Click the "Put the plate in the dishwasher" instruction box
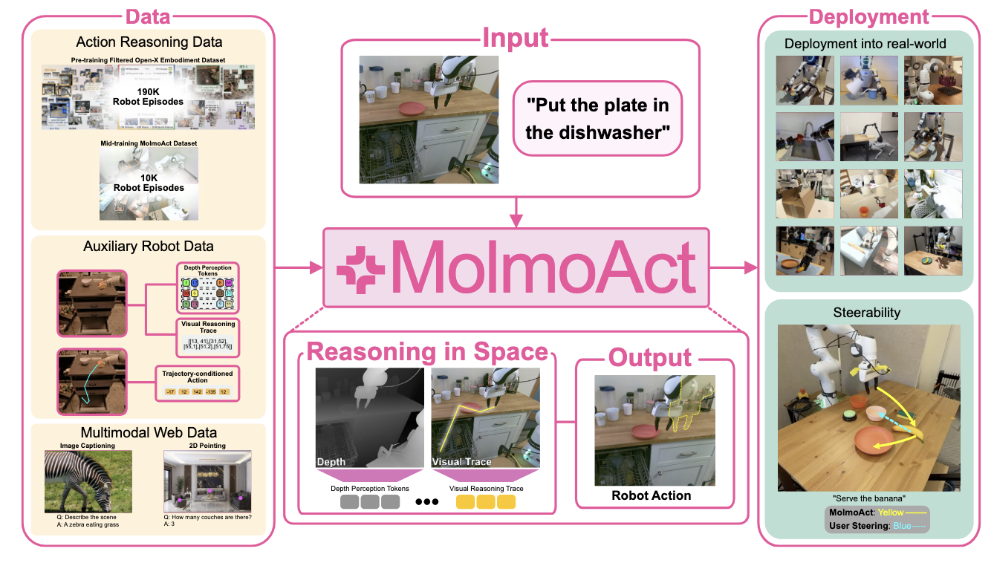click(597, 118)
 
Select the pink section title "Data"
click(149, 16)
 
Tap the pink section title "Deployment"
click(868, 16)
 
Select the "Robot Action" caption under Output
click(651, 495)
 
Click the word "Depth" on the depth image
click(331, 462)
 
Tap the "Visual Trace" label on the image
click(461, 462)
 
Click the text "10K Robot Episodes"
click(148, 182)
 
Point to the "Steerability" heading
click(868, 313)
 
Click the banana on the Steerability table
click(913, 430)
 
